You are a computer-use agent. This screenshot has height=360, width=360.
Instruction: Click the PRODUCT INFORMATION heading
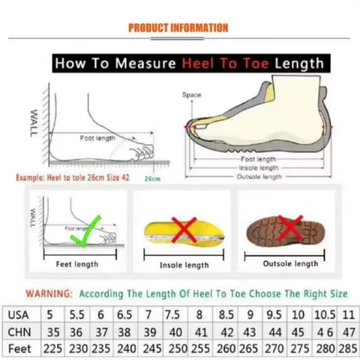(x=178, y=28)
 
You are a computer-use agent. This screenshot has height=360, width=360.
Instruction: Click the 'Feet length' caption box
(x=77, y=264)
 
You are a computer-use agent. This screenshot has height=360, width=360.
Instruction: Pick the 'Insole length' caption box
(x=184, y=265)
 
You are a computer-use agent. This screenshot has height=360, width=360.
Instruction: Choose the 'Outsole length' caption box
(x=290, y=264)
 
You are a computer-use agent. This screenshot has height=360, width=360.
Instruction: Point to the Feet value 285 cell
(x=346, y=349)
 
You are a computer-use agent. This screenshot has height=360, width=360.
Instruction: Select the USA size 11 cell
(x=346, y=314)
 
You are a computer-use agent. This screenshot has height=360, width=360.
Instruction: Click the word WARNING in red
(x=49, y=293)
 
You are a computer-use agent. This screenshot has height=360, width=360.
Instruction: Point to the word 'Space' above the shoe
(x=192, y=95)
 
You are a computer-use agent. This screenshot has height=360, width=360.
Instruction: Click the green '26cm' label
(x=153, y=180)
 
